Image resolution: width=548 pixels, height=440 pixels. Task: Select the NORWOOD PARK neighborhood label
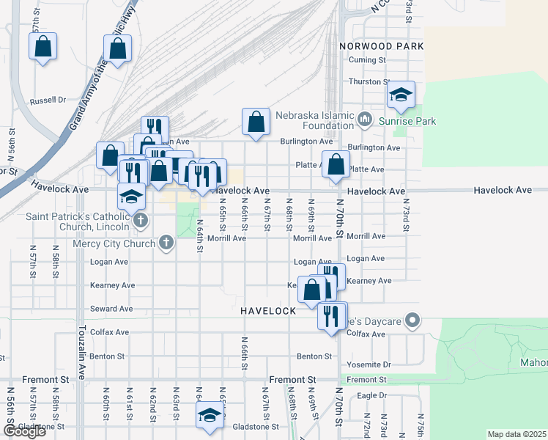382,45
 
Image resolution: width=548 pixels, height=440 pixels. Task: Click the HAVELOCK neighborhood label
268,311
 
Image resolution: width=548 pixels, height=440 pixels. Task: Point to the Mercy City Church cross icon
167,242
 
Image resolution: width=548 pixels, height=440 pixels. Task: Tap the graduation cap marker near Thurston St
401,95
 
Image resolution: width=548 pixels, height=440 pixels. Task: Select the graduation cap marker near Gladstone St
209,415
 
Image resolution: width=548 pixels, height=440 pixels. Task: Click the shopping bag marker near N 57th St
43,47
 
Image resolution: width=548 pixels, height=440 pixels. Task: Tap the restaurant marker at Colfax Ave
331,316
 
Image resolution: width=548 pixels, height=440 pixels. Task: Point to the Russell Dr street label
48,100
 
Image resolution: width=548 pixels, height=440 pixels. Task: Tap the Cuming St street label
367,60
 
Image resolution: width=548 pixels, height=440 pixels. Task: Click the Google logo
24,431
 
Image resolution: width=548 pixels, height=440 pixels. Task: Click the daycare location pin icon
412,320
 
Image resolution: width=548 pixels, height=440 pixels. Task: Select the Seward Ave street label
111,309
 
